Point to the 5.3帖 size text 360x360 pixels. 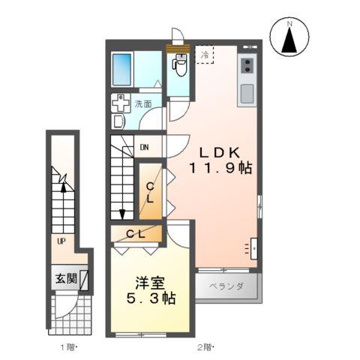point(150,299)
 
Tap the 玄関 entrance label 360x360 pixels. point(65,278)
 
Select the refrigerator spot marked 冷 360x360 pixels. point(204,55)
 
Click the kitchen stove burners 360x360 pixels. point(247,66)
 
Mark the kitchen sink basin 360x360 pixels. point(247,94)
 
